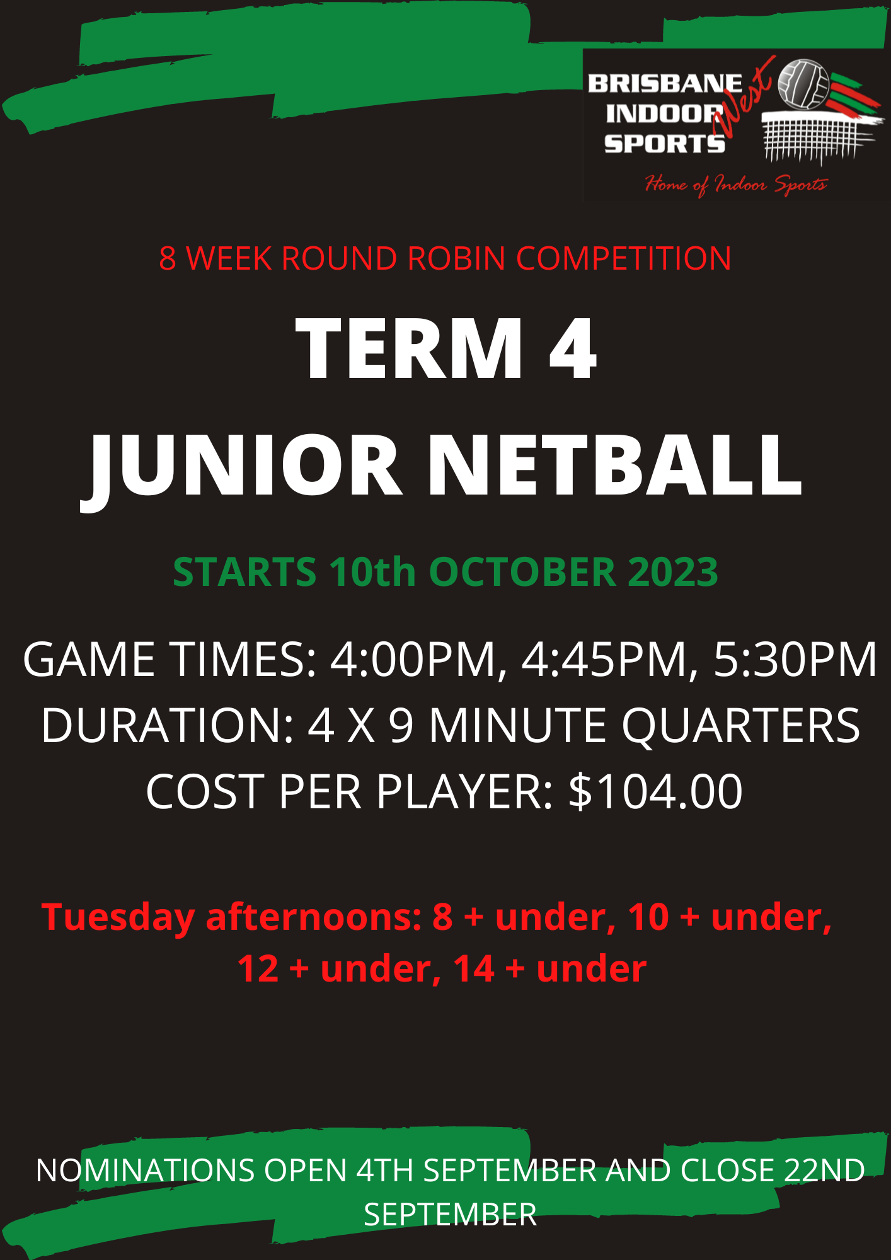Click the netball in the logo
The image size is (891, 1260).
(803, 83)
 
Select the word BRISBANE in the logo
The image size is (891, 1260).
(664, 84)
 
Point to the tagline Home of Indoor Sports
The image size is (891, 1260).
(735, 184)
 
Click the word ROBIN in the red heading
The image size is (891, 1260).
(456, 258)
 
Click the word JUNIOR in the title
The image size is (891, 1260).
(243, 466)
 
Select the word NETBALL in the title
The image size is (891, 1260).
(614, 466)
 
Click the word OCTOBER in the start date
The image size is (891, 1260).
(522, 572)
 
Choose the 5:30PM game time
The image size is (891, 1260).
(795, 660)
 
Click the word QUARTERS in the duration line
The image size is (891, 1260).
(740, 726)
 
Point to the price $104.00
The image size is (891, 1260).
(655, 792)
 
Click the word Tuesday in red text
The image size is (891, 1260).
(118, 917)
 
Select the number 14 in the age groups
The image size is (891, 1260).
(473, 968)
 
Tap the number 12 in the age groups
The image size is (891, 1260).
(258, 968)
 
